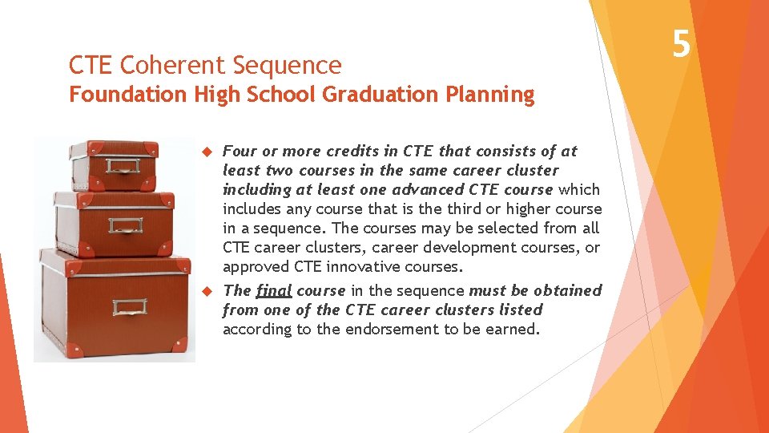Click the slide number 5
pos(681,43)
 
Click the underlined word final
pos(274,290)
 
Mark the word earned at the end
pos(513,329)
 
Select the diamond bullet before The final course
pos(205,291)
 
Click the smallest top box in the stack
pos(111,165)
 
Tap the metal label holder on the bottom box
pos(129,308)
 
